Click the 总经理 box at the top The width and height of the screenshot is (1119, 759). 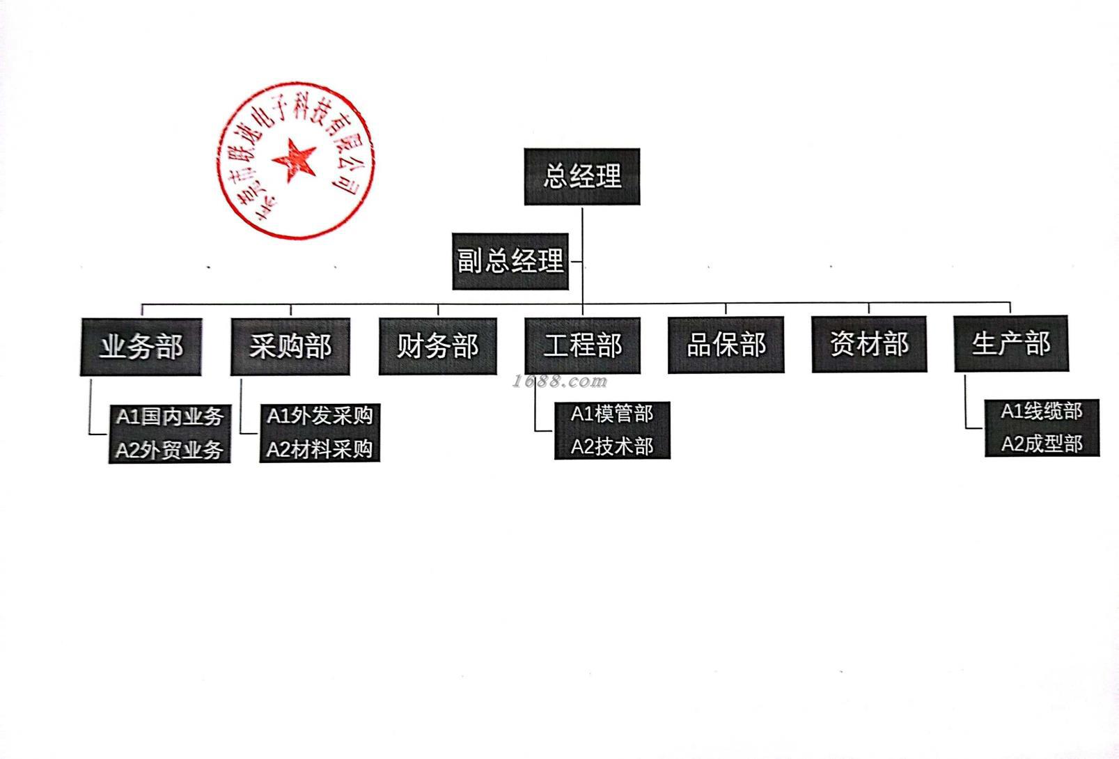coord(581,176)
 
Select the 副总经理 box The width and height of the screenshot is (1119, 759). coord(510,261)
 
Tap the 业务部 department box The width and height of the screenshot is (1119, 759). coord(141,347)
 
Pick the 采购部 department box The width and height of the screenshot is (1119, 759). coord(290,346)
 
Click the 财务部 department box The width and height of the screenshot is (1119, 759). coord(437,346)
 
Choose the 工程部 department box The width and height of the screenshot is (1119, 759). coord(582,345)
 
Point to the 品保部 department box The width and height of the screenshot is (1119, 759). coord(726,345)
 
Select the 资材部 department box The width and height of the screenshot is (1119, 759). coord(869,344)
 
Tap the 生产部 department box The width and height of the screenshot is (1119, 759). coord(1010,343)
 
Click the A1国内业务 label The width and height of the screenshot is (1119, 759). coord(169,417)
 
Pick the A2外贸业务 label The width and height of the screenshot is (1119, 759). coord(169,451)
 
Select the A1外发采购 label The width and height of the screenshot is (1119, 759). coord(320,416)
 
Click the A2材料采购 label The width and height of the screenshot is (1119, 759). coord(320,449)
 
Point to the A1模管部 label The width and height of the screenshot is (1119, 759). coord(612,414)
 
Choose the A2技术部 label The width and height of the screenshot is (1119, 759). coord(612,446)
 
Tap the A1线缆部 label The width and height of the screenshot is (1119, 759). coord(1042,412)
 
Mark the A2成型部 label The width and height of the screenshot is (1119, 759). coord(1042,444)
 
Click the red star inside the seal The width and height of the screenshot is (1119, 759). coord(295,159)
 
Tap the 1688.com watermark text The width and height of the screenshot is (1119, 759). coord(559,382)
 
